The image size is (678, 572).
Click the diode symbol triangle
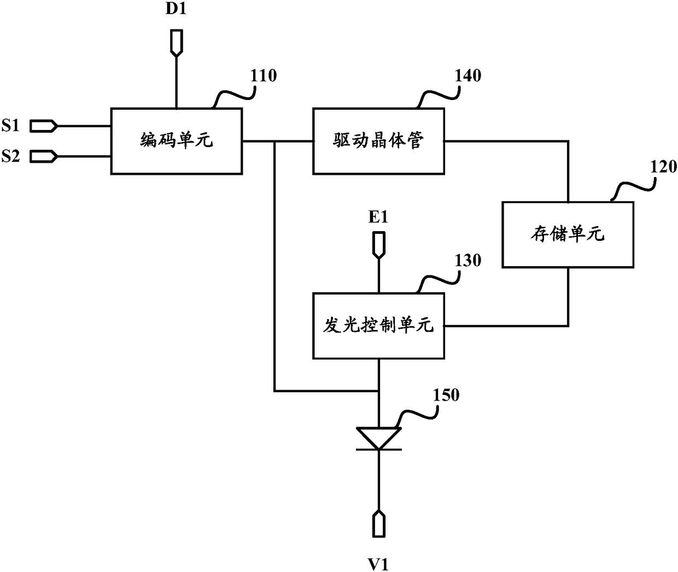pyautogui.click(x=378, y=438)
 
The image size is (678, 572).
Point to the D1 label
pyautogui.click(x=176, y=9)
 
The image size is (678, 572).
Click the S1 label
pyautogui.click(x=10, y=125)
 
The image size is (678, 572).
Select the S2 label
pyautogui.click(x=10, y=156)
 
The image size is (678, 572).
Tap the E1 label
pyautogui.click(x=378, y=217)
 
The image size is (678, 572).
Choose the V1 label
pyautogui.click(x=378, y=564)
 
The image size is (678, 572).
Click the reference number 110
pyautogui.click(x=264, y=75)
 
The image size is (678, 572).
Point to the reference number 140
pyautogui.click(x=467, y=75)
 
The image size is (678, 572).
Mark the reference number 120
pyautogui.click(x=664, y=167)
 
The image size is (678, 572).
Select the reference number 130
pyautogui.click(x=467, y=260)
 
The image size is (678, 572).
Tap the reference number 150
pyautogui.click(x=446, y=395)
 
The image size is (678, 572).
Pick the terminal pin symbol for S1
pyautogui.click(x=44, y=126)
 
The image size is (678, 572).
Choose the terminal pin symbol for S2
pyautogui.click(x=44, y=156)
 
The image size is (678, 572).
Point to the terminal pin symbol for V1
pyautogui.click(x=378, y=523)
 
